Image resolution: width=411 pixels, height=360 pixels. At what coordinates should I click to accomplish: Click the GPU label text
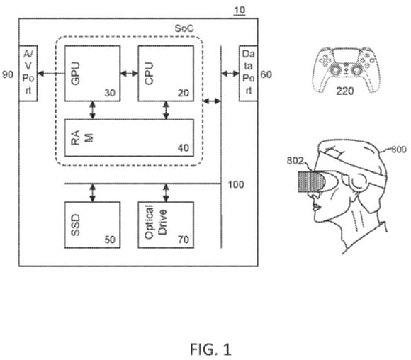click(x=76, y=74)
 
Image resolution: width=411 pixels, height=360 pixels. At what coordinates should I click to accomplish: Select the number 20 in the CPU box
click(x=184, y=93)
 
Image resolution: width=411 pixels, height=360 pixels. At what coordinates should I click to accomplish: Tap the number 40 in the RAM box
click(x=184, y=148)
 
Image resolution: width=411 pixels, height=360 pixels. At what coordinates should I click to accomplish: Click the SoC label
click(x=184, y=28)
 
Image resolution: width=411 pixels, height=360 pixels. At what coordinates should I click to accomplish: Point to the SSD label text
click(x=76, y=225)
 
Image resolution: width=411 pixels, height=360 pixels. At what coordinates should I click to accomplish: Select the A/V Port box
click(x=28, y=74)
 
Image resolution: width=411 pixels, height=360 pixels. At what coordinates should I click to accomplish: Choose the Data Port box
click(x=248, y=74)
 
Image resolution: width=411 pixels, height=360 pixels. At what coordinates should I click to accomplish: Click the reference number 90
click(x=8, y=74)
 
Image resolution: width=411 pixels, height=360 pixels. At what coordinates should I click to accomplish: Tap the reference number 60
click(x=266, y=74)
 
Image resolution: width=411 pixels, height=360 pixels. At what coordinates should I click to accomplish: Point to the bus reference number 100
click(x=236, y=184)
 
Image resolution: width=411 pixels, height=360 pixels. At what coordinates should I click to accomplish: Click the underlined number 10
click(x=240, y=10)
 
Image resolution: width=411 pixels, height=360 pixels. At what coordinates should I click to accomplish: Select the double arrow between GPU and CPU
click(x=129, y=74)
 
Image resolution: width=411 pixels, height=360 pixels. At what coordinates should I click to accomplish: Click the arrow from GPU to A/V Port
click(x=51, y=74)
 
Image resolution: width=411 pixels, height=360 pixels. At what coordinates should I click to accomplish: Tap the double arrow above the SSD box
click(x=92, y=193)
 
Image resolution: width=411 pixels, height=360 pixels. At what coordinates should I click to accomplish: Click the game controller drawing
click(x=346, y=69)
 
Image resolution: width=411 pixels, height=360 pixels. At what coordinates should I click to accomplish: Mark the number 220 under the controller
click(x=345, y=91)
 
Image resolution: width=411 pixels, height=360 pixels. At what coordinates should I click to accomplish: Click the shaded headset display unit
click(x=311, y=181)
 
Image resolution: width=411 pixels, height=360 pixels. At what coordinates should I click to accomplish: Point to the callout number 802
click(x=295, y=161)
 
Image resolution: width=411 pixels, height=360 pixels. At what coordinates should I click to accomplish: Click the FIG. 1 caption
click(x=210, y=349)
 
